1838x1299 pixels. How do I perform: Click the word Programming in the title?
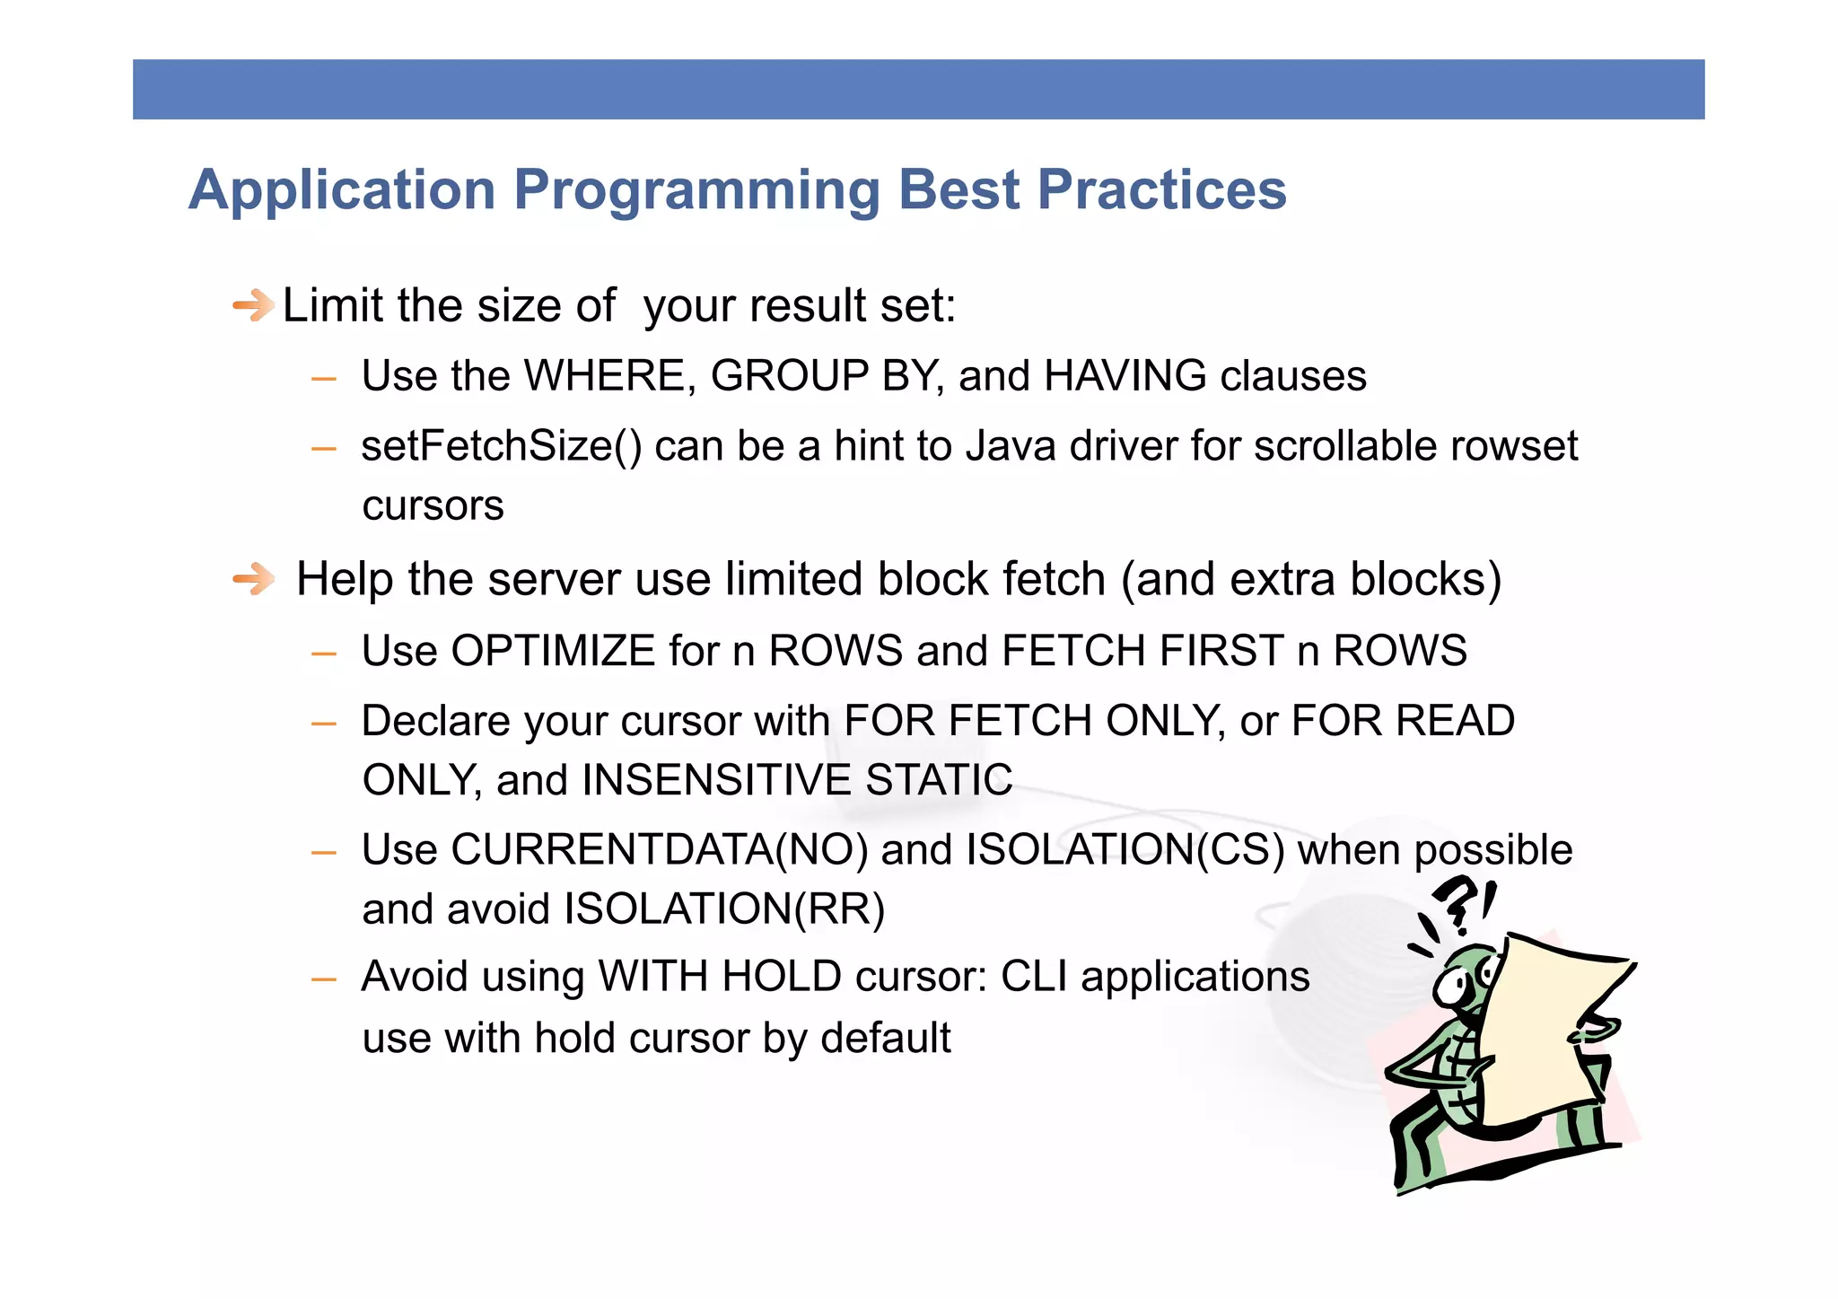[x=696, y=191]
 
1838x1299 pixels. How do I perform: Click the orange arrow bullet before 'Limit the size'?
[x=253, y=306]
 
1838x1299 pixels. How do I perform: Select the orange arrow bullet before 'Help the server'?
[x=253, y=579]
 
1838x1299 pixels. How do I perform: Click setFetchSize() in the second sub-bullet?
[x=501, y=446]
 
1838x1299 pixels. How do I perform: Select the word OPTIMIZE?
[x=553, y=650]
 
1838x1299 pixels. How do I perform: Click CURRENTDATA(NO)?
[x=659, y=849]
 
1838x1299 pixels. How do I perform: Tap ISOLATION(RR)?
[x=724, y=908]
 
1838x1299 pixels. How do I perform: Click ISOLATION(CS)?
[x=1125, y=849]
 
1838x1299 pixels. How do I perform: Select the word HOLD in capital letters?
[x=781, y=977]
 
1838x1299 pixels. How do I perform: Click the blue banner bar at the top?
[x=918, y=89]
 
